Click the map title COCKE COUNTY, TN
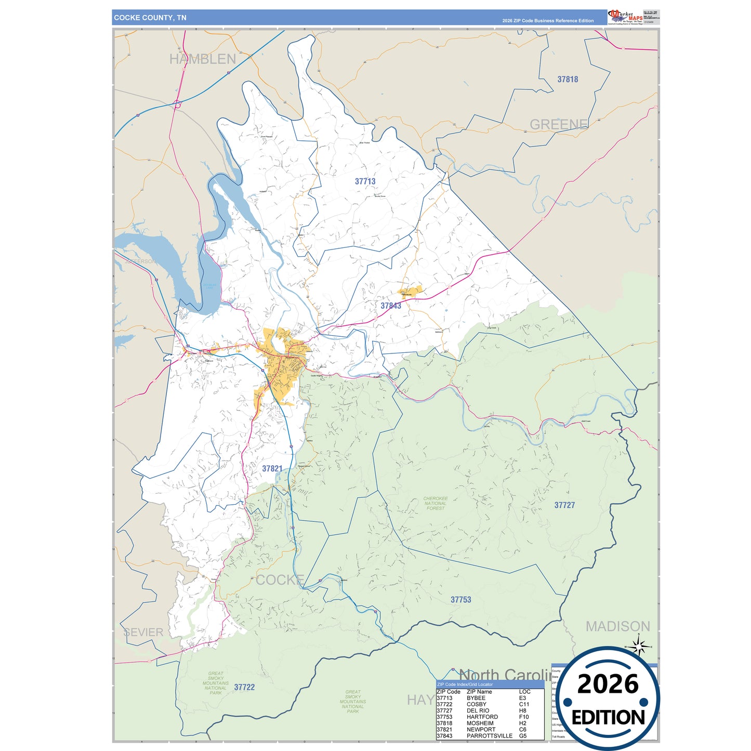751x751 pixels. (x=150, y=18)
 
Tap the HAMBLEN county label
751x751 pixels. (x=203, y=59)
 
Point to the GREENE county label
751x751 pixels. (x=559, y=125)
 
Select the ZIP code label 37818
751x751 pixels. (x=568, y=80)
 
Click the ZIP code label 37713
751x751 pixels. (x=365, y=181)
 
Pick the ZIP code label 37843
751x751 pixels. (x=391, y=306)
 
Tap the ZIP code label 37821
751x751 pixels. (x=272, y=469)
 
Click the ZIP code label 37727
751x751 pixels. (x=564, y=505)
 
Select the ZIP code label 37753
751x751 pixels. (x=460, y=600)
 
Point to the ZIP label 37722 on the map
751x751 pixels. (x=244, y=687)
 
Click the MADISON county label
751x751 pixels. (x=618, y=627)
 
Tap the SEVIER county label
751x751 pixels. (x=143, y=633)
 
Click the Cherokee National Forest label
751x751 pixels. (x=436, y=503)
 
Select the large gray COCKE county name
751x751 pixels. (x=280, y=580)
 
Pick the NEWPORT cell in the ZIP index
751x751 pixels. (x=481, y=730)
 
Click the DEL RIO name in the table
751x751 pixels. (x=478, y=710)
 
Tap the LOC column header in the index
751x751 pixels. (x=524, y=692)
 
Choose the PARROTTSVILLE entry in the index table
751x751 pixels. (x=489, y=736)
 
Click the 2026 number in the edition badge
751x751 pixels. (x=608, y=684)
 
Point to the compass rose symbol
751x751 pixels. (x=640, y=647)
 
